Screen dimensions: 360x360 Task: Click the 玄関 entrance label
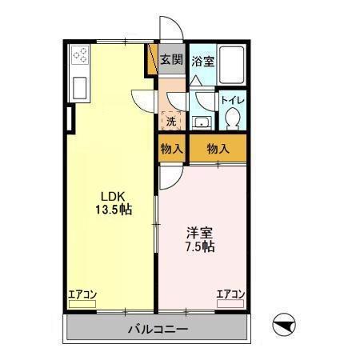(x=171, y=60)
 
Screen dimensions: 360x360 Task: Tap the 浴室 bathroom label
(x=202, y=60)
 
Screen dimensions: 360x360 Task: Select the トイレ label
(x=233, y=100)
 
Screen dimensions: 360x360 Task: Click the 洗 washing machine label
(x=171, y=122)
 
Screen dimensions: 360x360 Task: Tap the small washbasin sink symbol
(x=202, y=122)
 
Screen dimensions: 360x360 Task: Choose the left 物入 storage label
(x=171, y=148)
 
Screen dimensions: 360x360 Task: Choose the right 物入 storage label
(x=218, y=148)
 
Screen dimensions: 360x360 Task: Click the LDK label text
(x=112, y=196)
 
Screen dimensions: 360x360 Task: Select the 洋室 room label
(x=200, y=233)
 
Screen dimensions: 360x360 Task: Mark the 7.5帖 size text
(x=200, y=247)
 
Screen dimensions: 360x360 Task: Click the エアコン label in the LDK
(x=82, y=294)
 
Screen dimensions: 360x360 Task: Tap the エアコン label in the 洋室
(x=230, y=294)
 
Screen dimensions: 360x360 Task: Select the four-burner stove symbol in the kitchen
(x=82, y=57)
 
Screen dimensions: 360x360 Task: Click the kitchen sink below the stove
(x=82, y=86)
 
